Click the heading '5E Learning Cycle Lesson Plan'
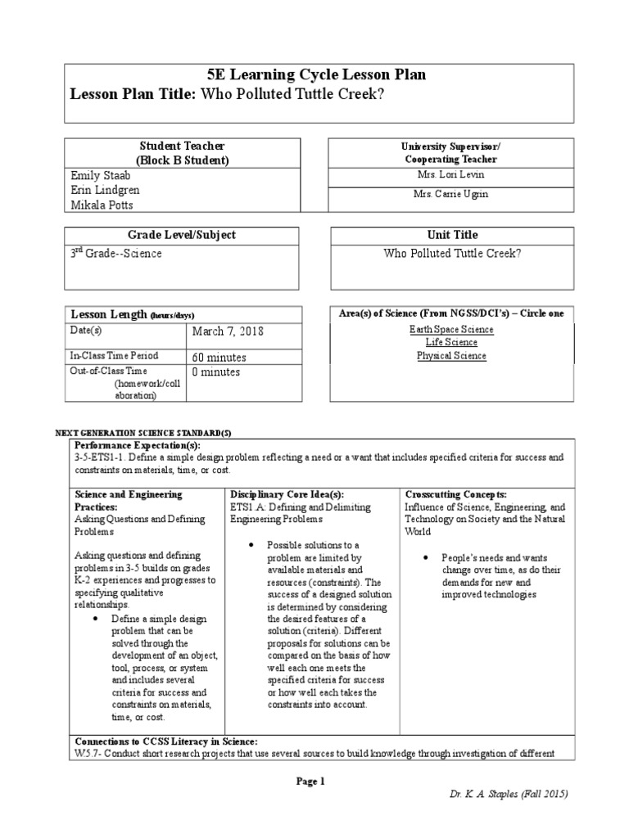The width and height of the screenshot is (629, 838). tap(319, 75)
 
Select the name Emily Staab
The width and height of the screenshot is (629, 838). tap(101, 175)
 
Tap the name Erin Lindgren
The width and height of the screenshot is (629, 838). tap(104, 189)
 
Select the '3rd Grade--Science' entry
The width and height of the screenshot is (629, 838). tap(116, 254)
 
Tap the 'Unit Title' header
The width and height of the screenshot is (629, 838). tap(451, 235)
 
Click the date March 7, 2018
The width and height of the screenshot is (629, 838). tap(229, 331)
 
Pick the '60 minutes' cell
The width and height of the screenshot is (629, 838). tap(219, 358)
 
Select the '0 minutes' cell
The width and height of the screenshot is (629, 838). tap(216, 372)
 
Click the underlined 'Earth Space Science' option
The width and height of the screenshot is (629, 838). tap(451, 330)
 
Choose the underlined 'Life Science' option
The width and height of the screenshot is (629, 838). tap(451, 343)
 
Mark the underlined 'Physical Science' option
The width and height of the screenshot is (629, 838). tap(451, 356)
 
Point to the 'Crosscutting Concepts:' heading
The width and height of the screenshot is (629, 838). tap(455, 495)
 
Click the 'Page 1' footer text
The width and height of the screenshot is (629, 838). tap(310, 782)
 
